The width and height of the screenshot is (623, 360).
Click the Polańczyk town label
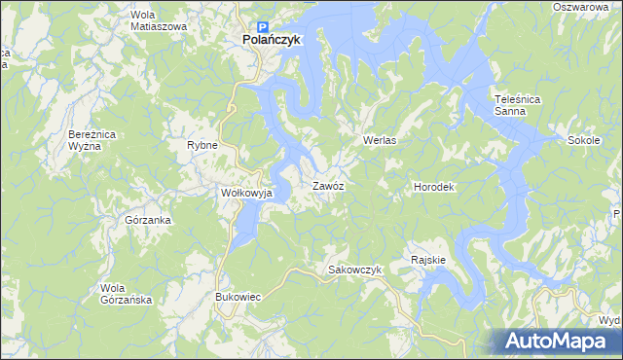tap(272, 40)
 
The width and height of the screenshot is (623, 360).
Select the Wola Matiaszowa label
tap(158, 20)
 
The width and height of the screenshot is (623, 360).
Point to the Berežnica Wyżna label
tap(94, 138)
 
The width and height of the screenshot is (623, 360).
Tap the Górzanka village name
tap(149, 220)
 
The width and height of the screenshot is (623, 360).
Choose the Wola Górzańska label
tap(127, 293)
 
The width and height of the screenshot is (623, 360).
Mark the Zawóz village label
tap(328, 185)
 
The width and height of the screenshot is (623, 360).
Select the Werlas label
tap(382, 140)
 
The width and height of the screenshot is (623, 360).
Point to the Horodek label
tap(434, 186)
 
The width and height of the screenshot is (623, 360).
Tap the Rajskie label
tap(428, 260)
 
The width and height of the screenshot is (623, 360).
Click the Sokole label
tap(583, 140)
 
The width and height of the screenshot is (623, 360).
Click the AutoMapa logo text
tap(568, 342)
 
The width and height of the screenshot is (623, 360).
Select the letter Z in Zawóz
tap(315, 185)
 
